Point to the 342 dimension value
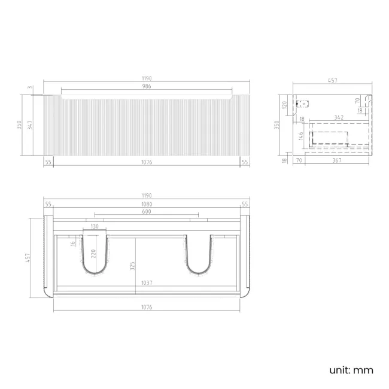coord(338,118)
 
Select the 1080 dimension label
coord(147,204)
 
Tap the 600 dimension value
coord(147,212)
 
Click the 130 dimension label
coord(94,226)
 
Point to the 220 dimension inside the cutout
coord(93,253)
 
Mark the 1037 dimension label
coord(147,283)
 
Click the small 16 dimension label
coord(72,243)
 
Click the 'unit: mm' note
coord(351,370)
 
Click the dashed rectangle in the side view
coord(329,138)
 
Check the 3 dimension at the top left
coord(31,88)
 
